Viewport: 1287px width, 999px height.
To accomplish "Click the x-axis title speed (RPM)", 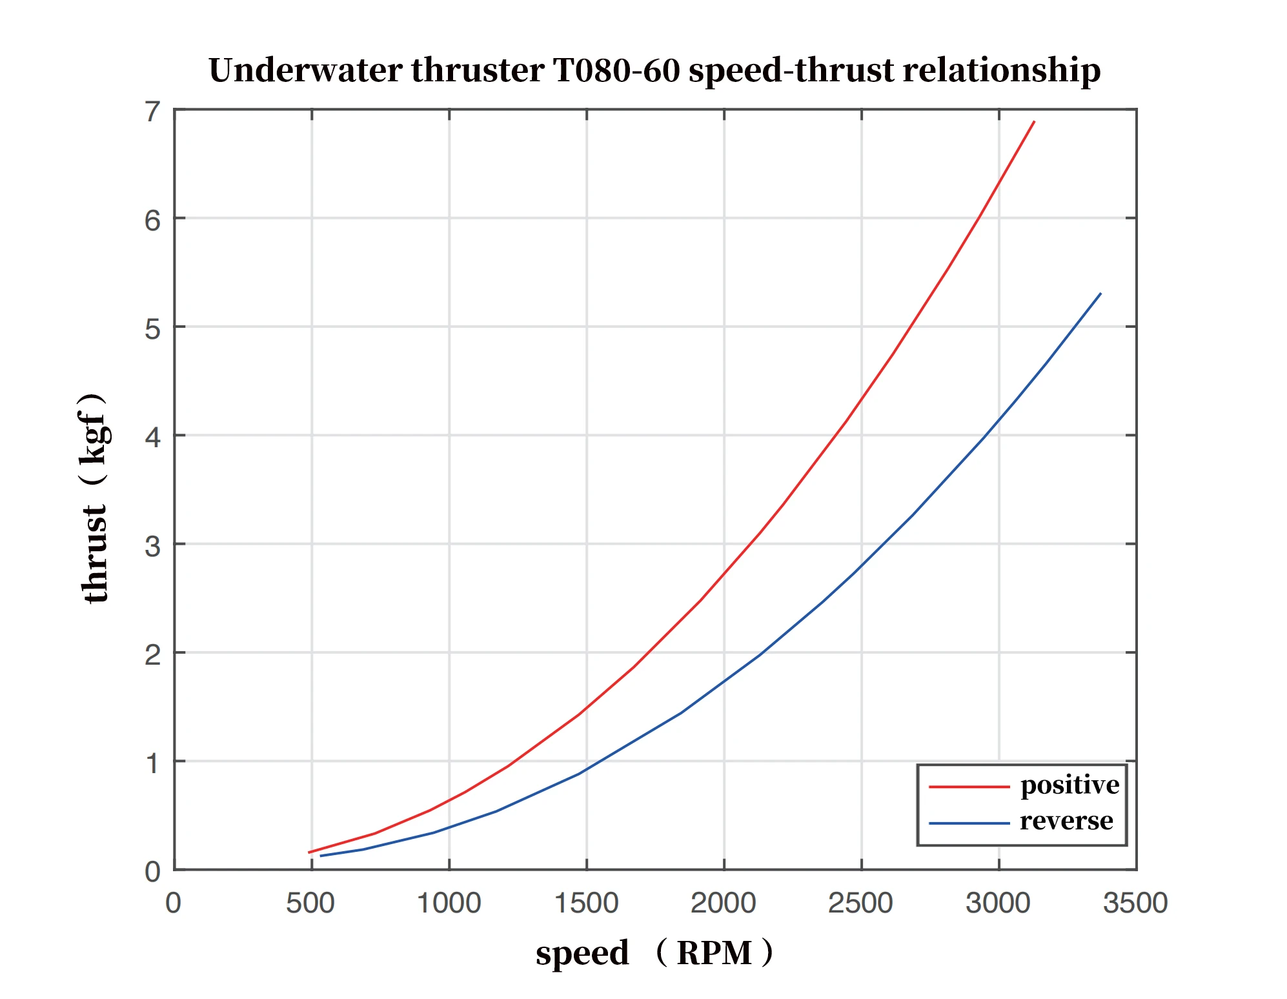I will (654, 953).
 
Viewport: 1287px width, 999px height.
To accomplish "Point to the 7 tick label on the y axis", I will (152, 112).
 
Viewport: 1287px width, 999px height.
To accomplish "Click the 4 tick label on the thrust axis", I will (152, 438).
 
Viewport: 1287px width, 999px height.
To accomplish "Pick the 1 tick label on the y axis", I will (152, 763).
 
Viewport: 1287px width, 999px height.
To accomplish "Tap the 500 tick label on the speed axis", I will (310, 903).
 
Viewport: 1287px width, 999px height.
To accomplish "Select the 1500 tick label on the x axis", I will (586, 903).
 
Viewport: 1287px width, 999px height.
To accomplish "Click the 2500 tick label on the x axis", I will (860, 903).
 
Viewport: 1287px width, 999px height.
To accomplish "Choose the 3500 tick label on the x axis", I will (1135, 903).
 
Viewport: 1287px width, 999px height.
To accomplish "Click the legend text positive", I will (1069, 785).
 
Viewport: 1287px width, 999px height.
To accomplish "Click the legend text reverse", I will (1066, 821).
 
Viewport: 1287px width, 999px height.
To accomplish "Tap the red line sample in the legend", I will (969, 787).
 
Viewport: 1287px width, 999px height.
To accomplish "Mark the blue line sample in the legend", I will (969, 823).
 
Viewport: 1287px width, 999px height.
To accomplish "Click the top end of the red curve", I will (1034, 121).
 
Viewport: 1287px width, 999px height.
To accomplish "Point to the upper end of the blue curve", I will (1100, 294).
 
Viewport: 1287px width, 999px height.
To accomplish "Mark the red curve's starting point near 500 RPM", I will (309, 853).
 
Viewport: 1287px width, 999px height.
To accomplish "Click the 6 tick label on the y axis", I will (152, 221).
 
